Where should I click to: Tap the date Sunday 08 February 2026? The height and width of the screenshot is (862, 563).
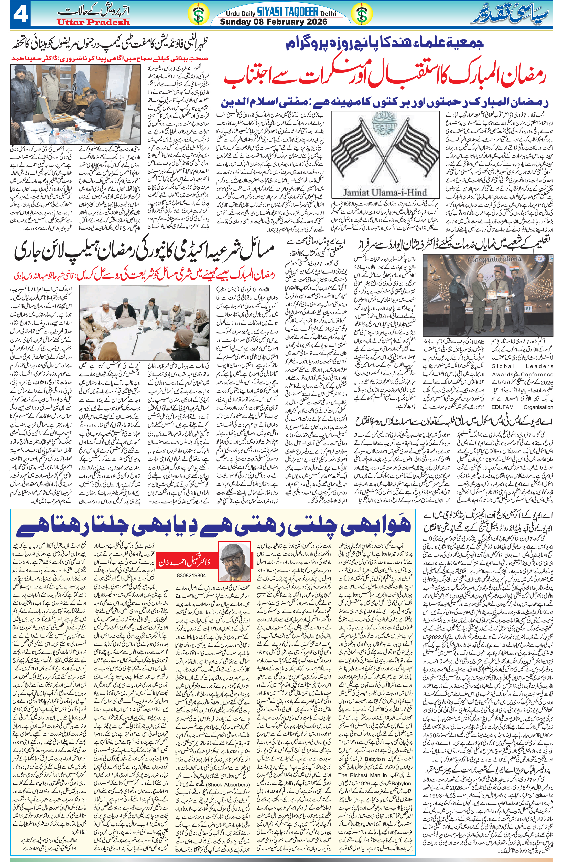(x=274, y=22)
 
